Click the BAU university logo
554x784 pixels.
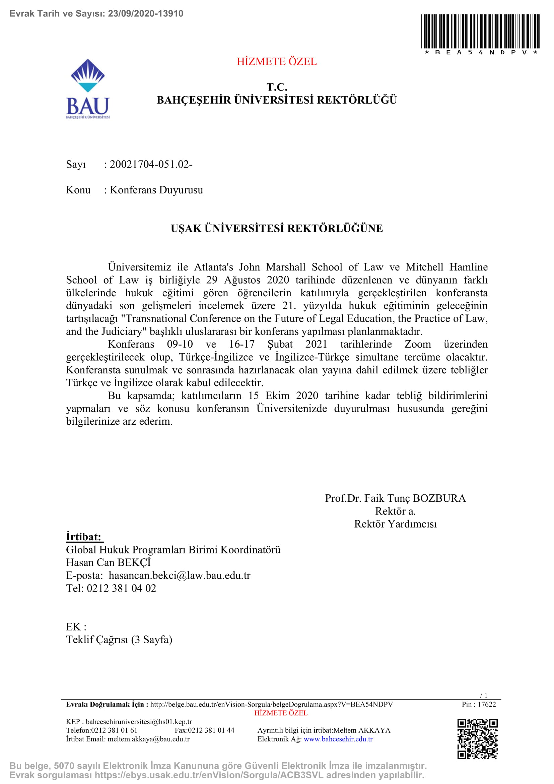(x=88, y=88)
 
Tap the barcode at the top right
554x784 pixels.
(x=480, y=32)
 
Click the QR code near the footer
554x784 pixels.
(x=477, y=739)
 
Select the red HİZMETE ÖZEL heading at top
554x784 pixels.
(x=277, y=61)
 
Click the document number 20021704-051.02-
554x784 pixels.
(x=151, y=164)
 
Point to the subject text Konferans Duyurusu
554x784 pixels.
(x=156, y=190)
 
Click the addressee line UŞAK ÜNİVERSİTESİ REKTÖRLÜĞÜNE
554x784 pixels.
(x=277, y=228)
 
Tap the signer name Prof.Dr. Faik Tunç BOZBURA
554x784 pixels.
(x=395, y=498)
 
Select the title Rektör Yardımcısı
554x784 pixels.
(x=395, y=524)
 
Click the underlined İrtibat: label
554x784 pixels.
(x=84, y=537)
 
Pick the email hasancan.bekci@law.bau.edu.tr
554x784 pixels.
(x=180, y=576)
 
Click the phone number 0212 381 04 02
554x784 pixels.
(x=122, y=588)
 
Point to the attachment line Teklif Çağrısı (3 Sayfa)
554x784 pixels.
(x=119, y=640)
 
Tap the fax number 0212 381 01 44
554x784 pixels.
(x=211, y=730)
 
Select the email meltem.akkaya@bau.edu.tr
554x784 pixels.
(x=148, y=739)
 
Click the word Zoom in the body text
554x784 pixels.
(x=418, y=344)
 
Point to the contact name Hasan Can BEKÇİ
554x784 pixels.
(x=108, y=562)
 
